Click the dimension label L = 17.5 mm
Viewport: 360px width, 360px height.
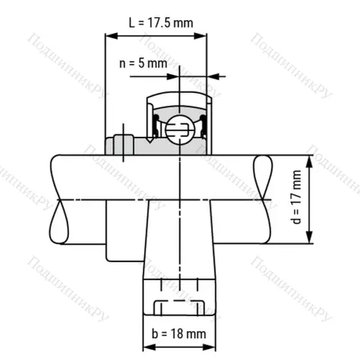[x=161, y=22]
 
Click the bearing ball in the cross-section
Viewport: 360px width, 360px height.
[x=177, y=130]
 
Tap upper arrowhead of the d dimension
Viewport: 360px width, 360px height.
[x=310, y=160]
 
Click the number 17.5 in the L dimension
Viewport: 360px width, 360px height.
[x=166, y=22]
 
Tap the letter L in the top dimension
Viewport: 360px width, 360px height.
[x=132, y=22]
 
